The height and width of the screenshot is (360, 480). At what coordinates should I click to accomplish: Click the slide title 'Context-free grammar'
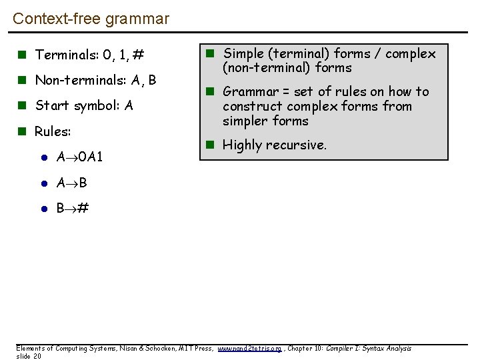(x=91, y=19)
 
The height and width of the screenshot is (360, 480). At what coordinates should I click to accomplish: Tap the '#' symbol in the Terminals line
(x=139, y=55)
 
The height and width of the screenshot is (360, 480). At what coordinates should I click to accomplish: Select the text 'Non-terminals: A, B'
(x=95, y=81)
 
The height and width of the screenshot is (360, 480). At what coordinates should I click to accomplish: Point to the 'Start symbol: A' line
(x=84, y=106)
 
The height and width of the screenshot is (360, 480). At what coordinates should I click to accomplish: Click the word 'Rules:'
(x=53, y=131)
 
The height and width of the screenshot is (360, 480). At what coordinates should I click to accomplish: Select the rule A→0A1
(x=79, y=157)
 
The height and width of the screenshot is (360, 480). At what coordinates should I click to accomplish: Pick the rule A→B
(x=72, y=183)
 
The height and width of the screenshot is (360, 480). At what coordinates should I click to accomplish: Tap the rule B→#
(x=73, y=208)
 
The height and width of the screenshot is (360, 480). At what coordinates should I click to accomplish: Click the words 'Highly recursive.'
(x=274, y=145)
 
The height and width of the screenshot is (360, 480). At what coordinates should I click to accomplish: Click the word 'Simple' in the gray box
(x=243, y=53)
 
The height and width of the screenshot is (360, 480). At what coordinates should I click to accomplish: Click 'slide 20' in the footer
(x=29, y=356)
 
